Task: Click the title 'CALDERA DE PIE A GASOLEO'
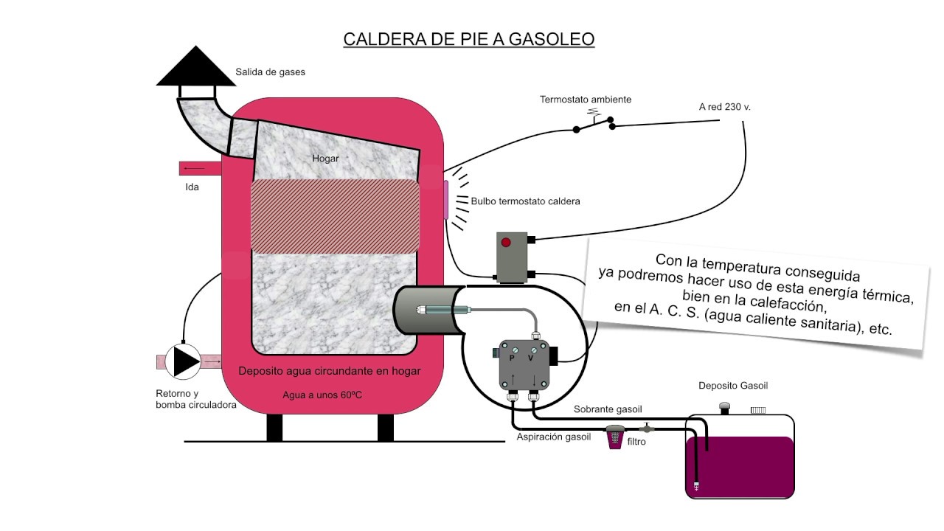[x=469, y=38]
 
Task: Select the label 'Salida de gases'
[x=270, y=72]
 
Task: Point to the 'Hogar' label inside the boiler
[x=325, y=158]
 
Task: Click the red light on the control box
[x=506, y=243]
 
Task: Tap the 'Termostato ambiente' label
[x=586, y=100]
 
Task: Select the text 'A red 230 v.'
[x=724, y=107]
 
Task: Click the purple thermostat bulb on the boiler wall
[x=446, y=199]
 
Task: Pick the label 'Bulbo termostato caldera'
[x=525, y=201]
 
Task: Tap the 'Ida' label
[x=192, y=187]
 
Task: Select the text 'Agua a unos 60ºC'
[x=322, y=395]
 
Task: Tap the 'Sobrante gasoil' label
[x=608, y=409]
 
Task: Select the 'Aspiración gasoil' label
[x=553, y=437]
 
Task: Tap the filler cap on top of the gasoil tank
[x=724, y=407]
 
